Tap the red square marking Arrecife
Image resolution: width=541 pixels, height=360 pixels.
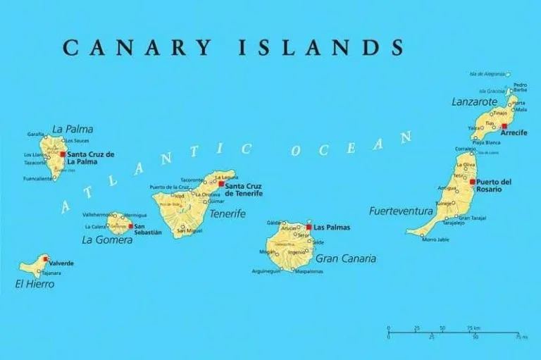click(494, 126)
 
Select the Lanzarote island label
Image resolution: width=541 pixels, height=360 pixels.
click(473, 102)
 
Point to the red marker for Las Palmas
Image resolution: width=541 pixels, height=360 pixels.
click(309, 228)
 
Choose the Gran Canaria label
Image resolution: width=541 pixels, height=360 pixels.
click(345, 259)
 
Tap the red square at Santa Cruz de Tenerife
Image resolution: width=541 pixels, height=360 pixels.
click(220, 184)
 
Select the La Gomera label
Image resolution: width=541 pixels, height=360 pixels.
click(107, 240)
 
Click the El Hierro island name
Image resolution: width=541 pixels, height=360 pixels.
click(35, 284)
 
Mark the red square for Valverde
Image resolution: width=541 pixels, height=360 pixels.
click(46, 259)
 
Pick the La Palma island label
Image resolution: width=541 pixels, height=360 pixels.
click(73, 129)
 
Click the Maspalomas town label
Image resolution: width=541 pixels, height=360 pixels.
click(309, 271)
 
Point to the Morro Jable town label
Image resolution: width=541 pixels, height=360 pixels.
click(435, 240)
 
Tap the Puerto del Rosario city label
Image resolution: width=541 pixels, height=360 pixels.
click(494, 186)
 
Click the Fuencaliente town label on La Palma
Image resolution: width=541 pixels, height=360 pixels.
click(38, 178)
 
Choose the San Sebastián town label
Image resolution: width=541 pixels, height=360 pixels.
click(147, 229)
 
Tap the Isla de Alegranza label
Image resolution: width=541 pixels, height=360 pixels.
click(487, 73)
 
